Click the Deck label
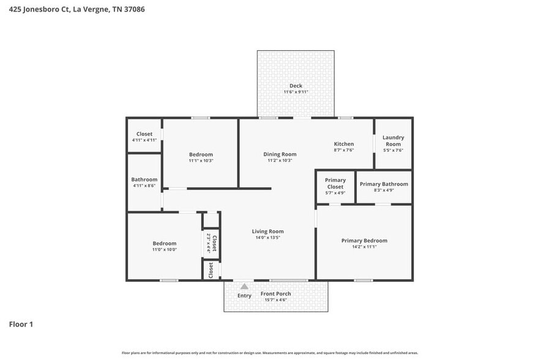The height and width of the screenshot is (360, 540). (296, 86)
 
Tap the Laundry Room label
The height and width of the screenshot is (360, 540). (393, 141)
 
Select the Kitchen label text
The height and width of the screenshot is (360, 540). (343, 144)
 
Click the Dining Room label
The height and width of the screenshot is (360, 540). (280, 154)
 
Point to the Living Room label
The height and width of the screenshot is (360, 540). (268, 231)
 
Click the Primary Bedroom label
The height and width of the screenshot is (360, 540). (364, 241)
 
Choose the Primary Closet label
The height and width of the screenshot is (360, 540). (335, 184)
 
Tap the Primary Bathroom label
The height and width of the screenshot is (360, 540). (383, 184)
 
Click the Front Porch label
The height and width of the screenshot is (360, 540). (276, 294)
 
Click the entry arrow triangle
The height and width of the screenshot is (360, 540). (244, 286)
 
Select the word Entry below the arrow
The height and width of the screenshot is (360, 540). (244, 296)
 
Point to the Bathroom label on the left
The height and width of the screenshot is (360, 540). (144, 179)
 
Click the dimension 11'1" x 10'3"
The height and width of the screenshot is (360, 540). (201, 160)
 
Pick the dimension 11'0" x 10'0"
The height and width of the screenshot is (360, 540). (164, 250)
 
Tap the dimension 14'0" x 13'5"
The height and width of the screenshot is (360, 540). (268, 238)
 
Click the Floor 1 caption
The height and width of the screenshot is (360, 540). (20, 324)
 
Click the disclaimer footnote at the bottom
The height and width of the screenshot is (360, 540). (270, 353)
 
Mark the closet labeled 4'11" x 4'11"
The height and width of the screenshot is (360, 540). (144, 140)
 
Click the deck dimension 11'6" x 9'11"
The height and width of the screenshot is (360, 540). (296, 92)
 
